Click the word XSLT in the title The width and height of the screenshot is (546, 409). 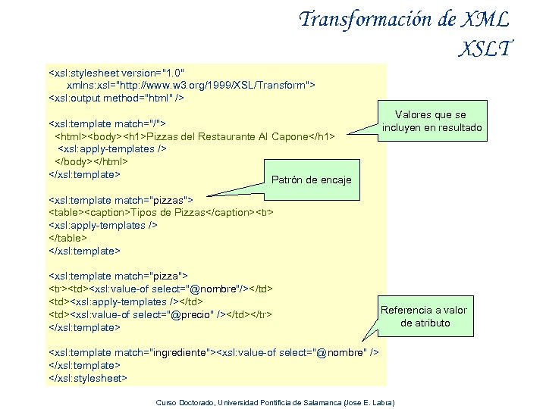click(x=485, y=48)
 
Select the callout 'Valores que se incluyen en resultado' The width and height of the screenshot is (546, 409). click(x=431, y=121)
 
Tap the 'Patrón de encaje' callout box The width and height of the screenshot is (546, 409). click(x=311, y=180)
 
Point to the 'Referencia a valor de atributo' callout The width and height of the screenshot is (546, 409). click(x=424, y=316)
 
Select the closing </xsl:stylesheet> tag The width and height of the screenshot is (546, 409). click(x=87, y=377)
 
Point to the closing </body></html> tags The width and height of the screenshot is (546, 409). click(x=90, y=161)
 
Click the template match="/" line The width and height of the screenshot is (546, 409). click(x=108, y=123)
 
